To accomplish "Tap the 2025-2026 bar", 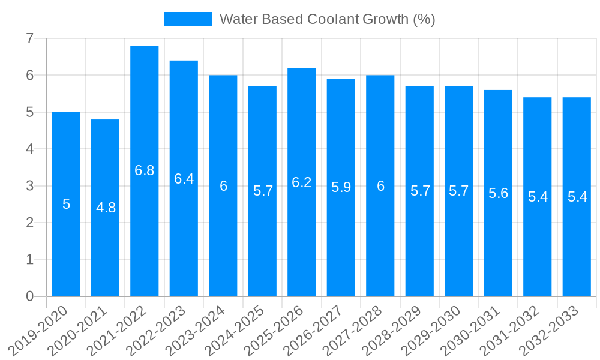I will [x=302, y=240].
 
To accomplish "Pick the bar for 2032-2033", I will [x=577, y=252].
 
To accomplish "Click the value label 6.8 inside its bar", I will [x=145, y=170].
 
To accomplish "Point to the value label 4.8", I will [x=106, y=208].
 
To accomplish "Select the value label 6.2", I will [x=302, y=182].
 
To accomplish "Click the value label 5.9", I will [x=341, y=187].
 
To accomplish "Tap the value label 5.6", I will [x=498, y=193].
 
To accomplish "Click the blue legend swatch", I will [x=188, y=19].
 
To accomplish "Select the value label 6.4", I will [x=184, y=179].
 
